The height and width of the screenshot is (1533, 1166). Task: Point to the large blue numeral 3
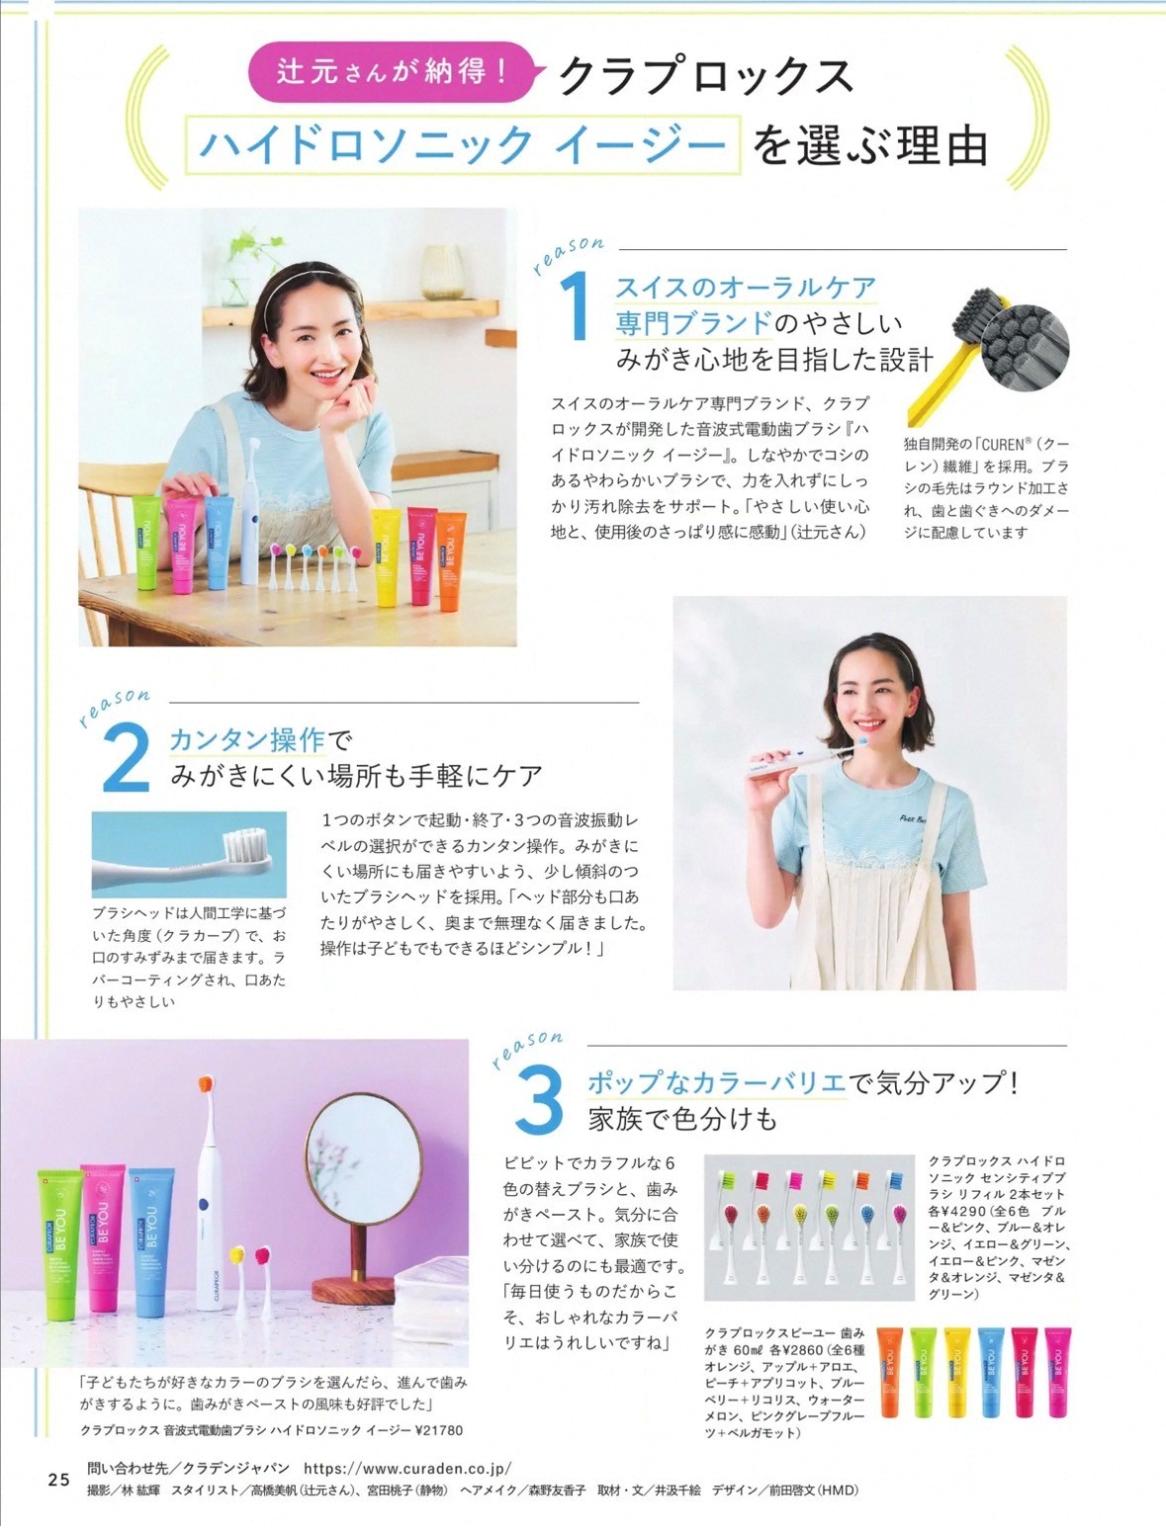click(x=539, y=1101)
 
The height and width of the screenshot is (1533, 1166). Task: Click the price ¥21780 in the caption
click(x=439, y=1429)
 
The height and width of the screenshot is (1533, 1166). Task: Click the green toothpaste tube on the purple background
click(x=59, y=1242)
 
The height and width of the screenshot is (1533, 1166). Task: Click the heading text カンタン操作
click(x=247, y=739)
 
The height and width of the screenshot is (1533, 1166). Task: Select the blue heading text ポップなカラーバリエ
click(x=717, y=1082)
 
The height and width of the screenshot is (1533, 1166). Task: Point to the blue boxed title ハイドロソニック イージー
click(x=463, y=144)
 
